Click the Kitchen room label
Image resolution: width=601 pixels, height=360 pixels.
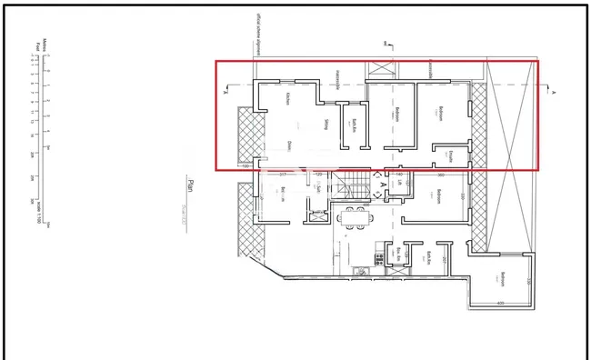click(x=287, y=99)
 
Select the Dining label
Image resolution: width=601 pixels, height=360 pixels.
click(x=288, y=145)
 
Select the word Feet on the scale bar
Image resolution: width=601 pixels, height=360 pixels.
click(x=37, y=45)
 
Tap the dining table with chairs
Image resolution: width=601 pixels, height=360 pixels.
click(x=354, y=216)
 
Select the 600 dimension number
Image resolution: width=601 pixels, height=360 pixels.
click(x=501, y=303)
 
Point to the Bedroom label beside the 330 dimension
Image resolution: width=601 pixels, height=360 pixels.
click(x=439, y=196)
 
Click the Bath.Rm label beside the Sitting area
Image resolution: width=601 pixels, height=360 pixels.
click(x=354, y=125)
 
